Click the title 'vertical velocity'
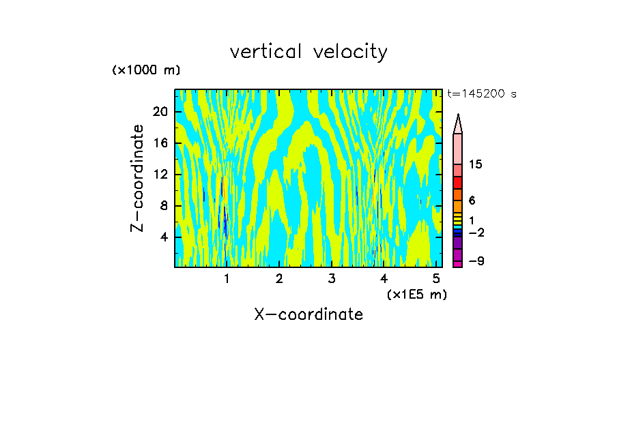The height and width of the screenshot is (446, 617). click(308, 52)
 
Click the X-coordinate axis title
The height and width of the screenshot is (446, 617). click(308, 314)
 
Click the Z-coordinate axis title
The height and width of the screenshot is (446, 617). click(138, 178)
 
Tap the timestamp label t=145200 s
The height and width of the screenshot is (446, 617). click(482, 94)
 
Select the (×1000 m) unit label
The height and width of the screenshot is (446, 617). click(146, 70)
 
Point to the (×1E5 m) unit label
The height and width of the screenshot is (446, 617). click(416, 295)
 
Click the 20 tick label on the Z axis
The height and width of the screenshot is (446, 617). click(160, 112)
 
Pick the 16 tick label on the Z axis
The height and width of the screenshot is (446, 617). click(160, 143)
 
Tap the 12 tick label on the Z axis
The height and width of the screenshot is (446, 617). click(160, 175)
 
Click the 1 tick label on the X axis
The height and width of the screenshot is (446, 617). click(227, 279)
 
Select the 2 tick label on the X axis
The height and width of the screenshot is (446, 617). click(279, 279)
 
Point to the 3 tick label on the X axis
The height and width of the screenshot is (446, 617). click(332, 279)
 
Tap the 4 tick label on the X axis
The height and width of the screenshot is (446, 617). click(384, 279)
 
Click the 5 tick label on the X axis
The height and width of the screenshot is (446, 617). click(437, 279)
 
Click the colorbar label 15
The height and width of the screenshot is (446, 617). click(476, 165)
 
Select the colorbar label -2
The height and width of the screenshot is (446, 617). click(476, 233)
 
